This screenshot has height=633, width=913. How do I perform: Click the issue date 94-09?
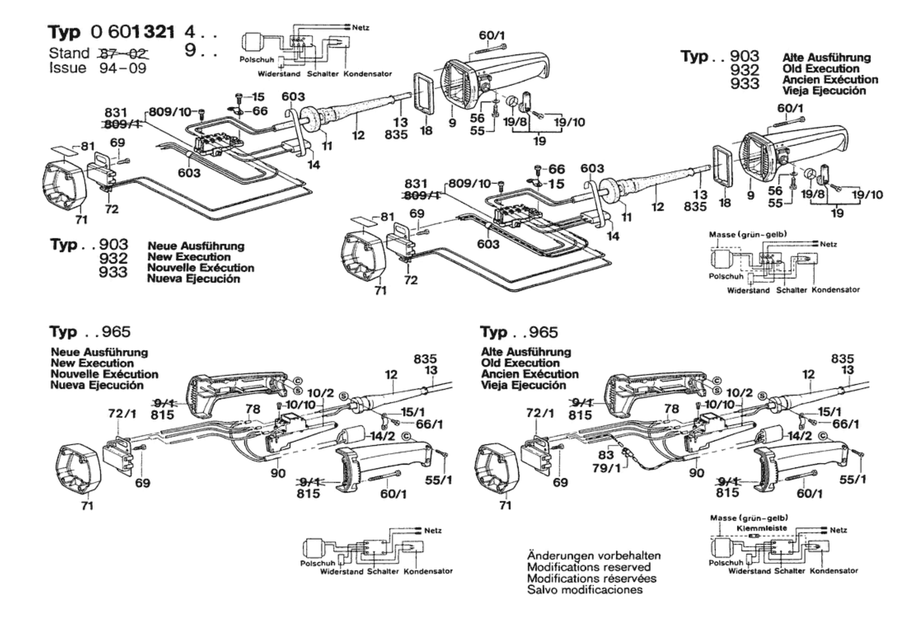(x=123, y=68)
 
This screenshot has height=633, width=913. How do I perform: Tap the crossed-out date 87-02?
(x=123, y=54)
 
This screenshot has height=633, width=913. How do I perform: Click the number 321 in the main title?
(x=159, y=32)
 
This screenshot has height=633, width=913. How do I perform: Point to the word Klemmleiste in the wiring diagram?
(x=755, y=528)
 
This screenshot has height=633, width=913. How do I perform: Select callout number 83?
(x=606, y=455)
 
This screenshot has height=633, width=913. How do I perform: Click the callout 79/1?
(x=607, y=468)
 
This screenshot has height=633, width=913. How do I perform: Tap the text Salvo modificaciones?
(x=585, y=590)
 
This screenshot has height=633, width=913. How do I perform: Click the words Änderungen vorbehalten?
(x=594, y=556)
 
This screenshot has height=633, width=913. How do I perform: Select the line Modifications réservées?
(x=592, y=578)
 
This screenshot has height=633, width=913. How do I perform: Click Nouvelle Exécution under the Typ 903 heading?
(x=201, y=268)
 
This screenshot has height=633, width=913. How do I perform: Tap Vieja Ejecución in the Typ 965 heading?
(x=523, y=385)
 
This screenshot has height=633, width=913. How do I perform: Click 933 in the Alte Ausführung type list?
(x=745, y=84)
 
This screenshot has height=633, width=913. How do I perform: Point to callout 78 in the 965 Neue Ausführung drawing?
(x=252, y=409)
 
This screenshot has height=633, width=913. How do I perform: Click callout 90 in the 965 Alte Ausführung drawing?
(x=696, y=473)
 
